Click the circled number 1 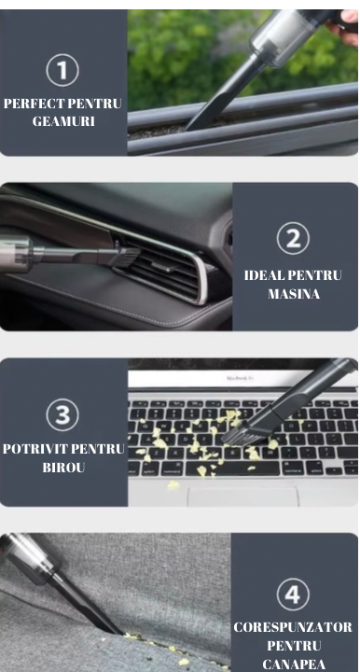62,70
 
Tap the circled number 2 293,238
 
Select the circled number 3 62,414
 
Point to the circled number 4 293,595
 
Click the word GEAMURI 63,121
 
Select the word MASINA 294,294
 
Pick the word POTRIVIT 32,449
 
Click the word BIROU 63,468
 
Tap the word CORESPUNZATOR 293,627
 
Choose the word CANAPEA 294,664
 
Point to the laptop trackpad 242,497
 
